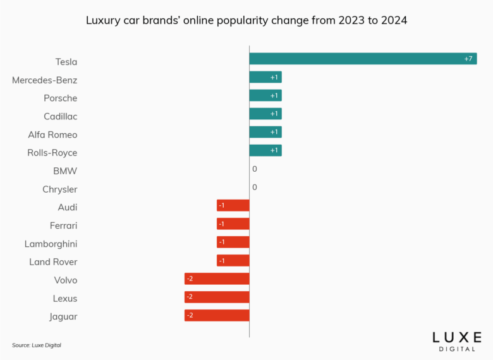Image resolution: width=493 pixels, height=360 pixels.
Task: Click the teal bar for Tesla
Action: [x=363, y=59]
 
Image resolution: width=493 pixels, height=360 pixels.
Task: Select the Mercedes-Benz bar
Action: [x=265, y=77]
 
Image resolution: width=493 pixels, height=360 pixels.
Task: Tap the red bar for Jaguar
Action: [x=217, y=315]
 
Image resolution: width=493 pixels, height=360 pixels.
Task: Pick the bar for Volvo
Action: [x=217, y=279]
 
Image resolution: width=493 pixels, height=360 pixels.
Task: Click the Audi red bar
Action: [x=233, y=205]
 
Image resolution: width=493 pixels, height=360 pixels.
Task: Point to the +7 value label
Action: [x=468, y=59]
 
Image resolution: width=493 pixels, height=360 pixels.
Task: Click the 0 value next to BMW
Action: [x=254, y=169]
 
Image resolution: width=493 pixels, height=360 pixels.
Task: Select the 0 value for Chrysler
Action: [x=254, y=188]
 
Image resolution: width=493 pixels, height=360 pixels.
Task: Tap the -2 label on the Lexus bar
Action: [x=190, y=297]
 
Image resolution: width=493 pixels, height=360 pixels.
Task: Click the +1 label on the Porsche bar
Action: [x=274, y=95]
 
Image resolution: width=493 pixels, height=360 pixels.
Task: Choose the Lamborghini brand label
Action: [x=51, y=244]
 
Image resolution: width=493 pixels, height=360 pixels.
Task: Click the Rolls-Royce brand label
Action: [x=52, y=153]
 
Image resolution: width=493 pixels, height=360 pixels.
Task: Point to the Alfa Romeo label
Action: [x=52, y=135]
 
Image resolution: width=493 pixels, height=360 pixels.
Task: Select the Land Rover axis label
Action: [x=53, y=262]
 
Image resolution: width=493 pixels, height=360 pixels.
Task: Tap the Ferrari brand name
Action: [x=63, y=225]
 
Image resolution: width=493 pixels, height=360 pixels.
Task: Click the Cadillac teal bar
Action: [x=265, y=114]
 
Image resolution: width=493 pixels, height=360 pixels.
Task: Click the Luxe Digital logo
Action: [x=456, y=341]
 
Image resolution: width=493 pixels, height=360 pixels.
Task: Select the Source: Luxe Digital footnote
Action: [x=37, y=345]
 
